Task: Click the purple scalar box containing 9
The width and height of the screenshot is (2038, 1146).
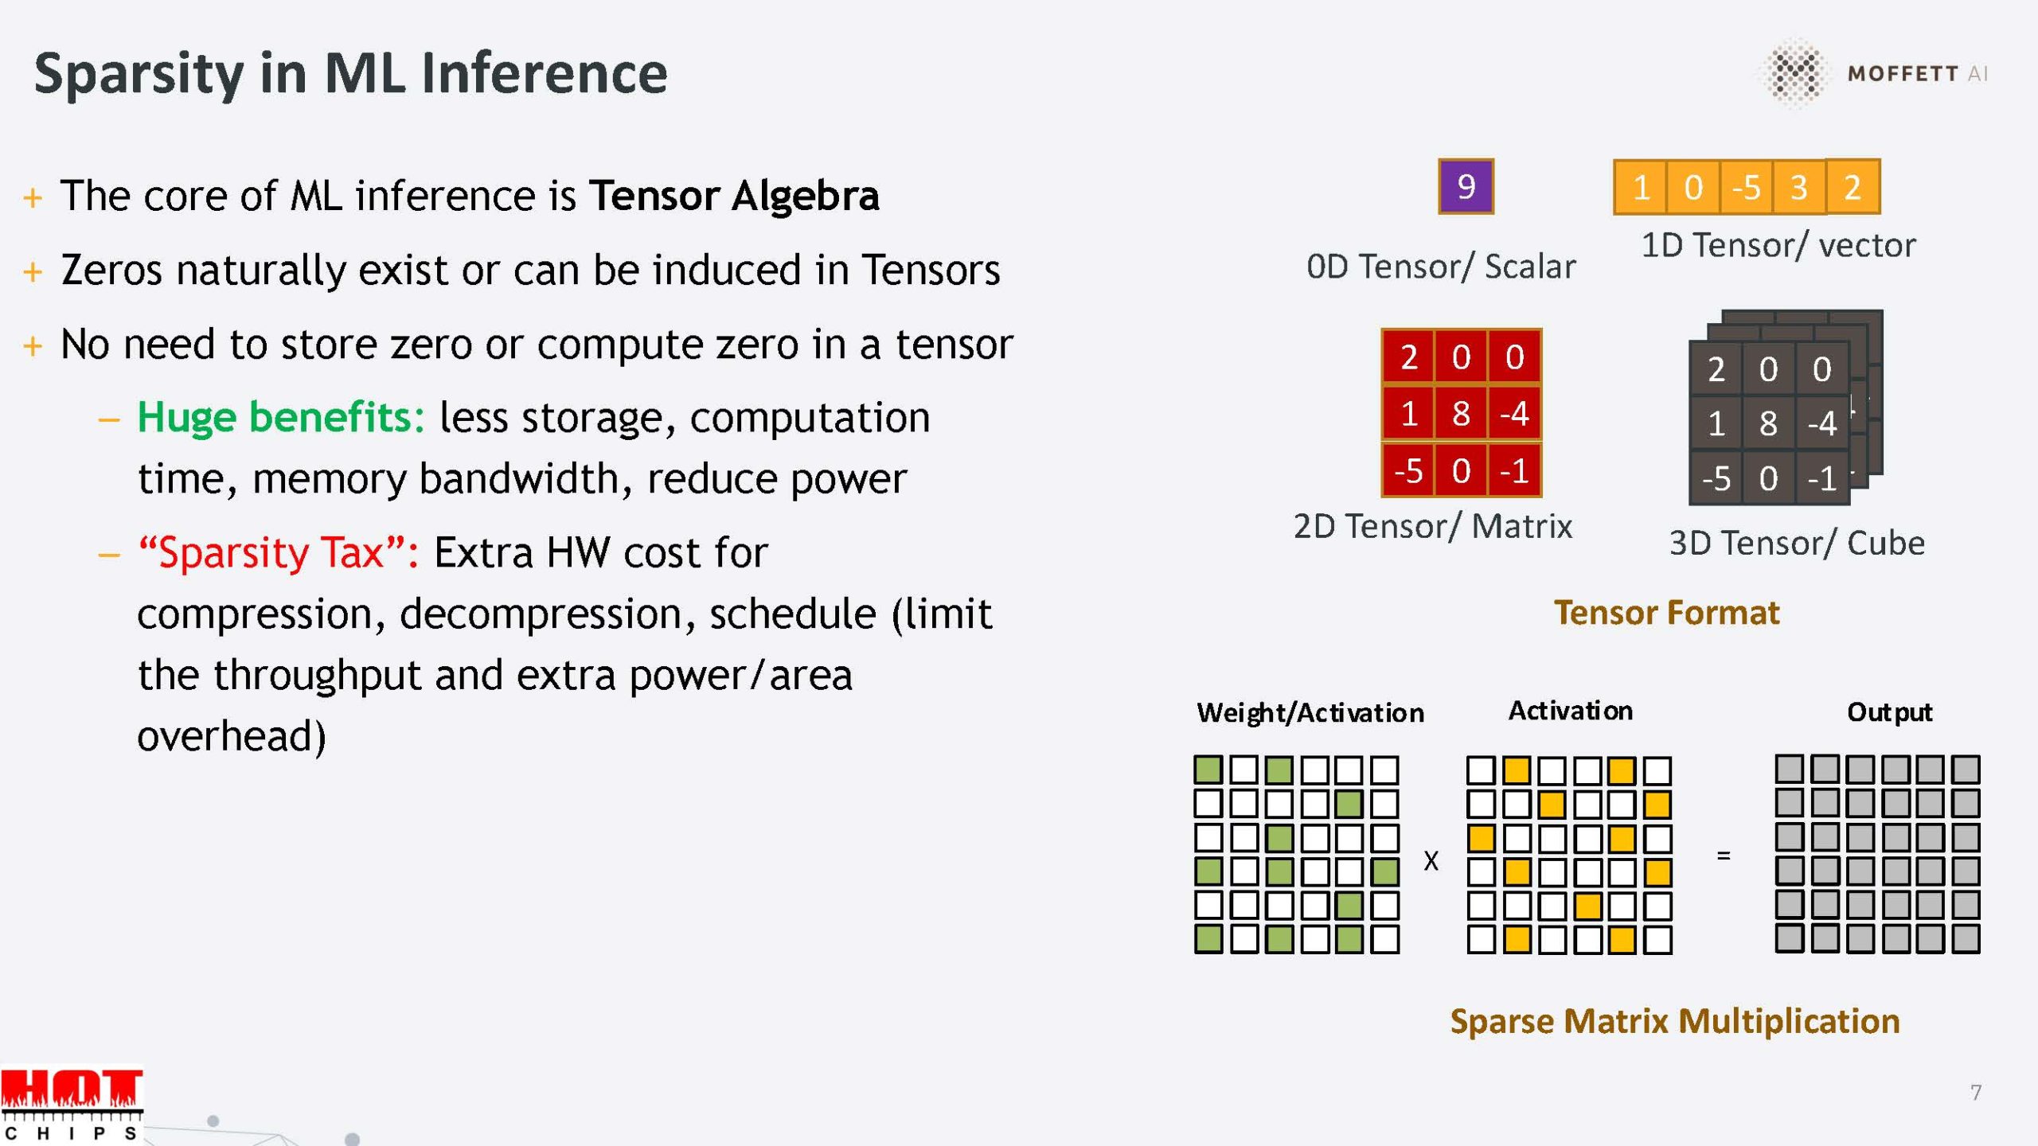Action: tap(1466, 187)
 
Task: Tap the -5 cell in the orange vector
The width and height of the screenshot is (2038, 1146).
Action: tap(1746, 188)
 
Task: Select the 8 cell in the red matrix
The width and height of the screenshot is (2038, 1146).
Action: tap(1461, 413)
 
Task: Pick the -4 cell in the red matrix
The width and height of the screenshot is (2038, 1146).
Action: tap(1514, 413)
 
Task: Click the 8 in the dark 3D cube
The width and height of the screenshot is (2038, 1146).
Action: tap(1768, 423)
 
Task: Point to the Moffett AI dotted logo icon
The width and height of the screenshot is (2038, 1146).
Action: tap(1794, 72)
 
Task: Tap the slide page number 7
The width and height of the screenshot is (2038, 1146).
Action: tap(1976, 1092)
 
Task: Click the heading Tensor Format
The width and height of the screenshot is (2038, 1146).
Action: tap(1666, 613)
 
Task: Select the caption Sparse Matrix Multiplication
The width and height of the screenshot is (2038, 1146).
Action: tap(1675, 1022)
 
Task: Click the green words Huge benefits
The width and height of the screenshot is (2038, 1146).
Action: tap(281, 417)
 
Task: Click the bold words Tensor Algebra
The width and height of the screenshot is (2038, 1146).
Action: tap(734, 196)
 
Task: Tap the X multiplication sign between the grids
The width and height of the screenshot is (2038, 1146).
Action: tap(1431, 860)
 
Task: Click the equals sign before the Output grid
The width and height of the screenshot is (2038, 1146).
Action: tap(1724, 856)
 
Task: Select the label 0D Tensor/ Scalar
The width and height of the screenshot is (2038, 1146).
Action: tap(1441, 267)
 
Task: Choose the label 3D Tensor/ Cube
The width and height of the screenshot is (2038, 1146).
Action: tap(1797, 544)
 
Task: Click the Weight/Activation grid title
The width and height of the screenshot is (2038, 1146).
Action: tap(1310, 713)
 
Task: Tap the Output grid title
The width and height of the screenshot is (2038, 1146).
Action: tap(1889, 712)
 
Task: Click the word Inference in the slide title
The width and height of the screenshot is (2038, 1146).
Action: tap(545, 73)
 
